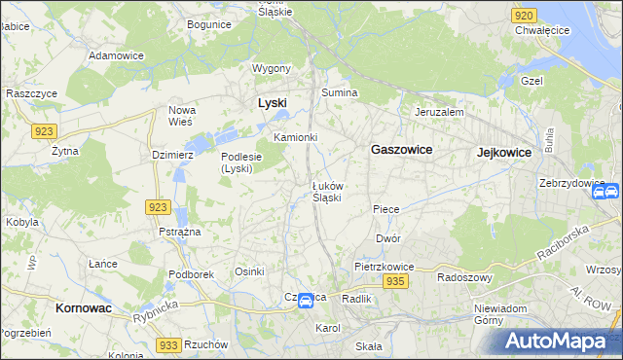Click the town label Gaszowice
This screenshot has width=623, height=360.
[402, 150]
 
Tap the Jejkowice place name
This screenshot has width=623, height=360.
[503, 153]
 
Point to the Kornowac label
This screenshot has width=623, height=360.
[77, 307]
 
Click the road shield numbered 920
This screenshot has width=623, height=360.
[524, 16]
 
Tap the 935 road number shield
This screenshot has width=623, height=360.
[394, 281]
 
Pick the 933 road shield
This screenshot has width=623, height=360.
[169, 345]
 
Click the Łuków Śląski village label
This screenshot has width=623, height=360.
[326, 192]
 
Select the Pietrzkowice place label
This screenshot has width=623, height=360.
[385, 267]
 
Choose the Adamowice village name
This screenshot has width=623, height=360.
[116, 55]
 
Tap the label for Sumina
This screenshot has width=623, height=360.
[341, 92]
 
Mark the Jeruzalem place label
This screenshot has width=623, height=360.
[438, 112]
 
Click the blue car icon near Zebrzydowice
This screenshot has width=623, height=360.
[601, 193]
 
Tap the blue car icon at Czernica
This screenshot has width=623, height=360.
[306, 302]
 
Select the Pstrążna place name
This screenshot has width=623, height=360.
[179, 232]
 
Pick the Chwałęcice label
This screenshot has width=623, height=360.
[542, 30]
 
